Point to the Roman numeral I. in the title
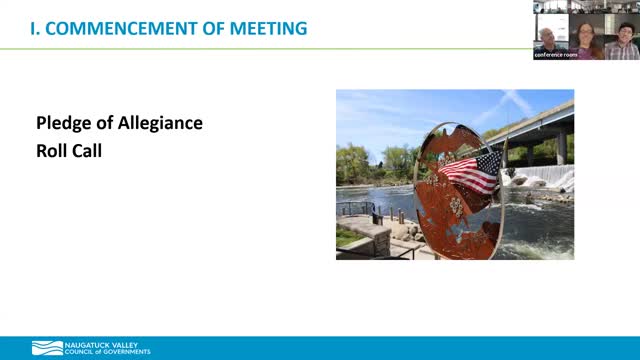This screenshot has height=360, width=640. click(x=36, y=27)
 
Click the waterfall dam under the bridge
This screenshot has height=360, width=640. click(x=545, y=180)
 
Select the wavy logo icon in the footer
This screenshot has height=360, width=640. click(x=47, y=348)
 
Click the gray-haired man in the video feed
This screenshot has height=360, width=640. click(x=548, y=38)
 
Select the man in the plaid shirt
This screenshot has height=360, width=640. click(x=623, y=40)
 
